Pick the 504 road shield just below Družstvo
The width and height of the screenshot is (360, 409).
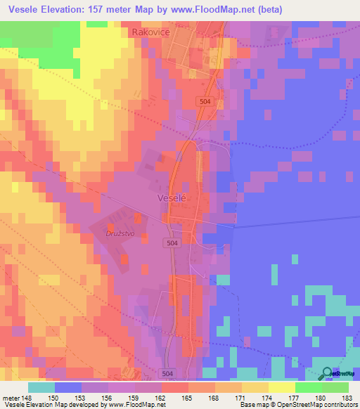tap(173, 242)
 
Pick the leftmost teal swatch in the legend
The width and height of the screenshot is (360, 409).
tap(41, 387)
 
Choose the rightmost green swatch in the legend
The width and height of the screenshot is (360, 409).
tap(335, 387)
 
